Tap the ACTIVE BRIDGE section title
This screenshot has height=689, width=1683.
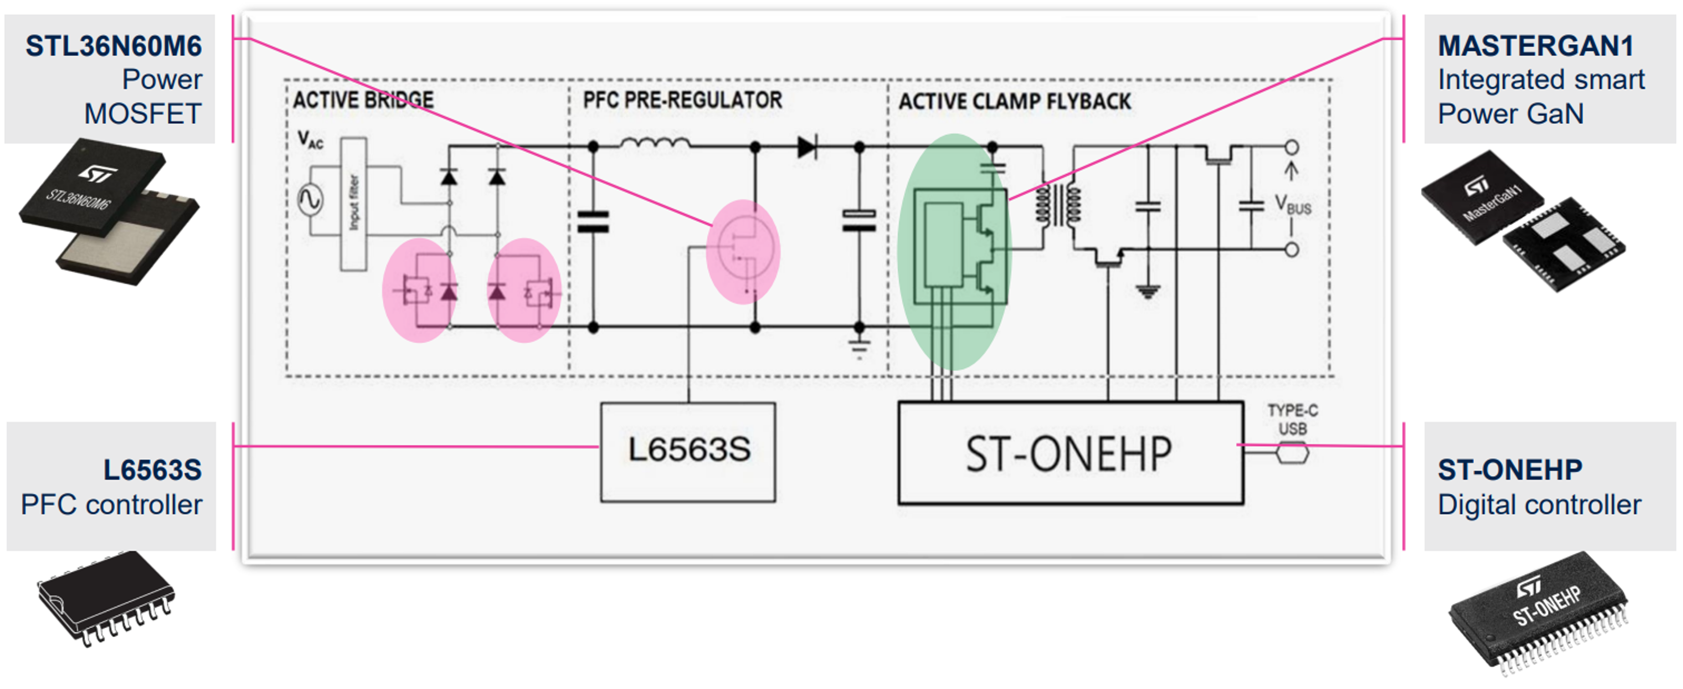[363, 100]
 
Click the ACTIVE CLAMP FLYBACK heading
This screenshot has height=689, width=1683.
[1014, 101]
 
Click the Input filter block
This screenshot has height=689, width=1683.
[353, 204]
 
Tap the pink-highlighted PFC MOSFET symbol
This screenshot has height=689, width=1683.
[744, 251]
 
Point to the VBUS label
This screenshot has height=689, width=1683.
[1293, 204]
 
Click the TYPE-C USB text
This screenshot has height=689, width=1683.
[1292, 419]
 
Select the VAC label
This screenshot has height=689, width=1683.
[311, 140]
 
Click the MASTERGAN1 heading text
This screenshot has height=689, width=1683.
[1535, 46]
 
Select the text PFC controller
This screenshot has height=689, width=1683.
[112, 505]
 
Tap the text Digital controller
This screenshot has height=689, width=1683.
[1539, 505]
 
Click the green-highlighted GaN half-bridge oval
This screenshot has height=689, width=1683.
[953, 251]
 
